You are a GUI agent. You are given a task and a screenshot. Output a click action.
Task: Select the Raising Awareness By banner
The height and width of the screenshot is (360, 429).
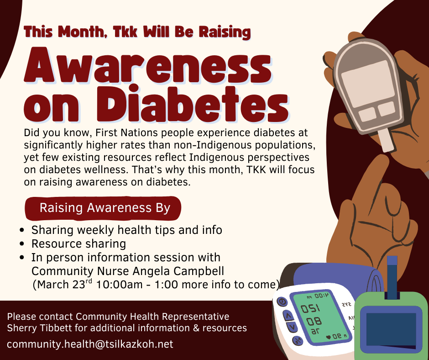click(105, 208)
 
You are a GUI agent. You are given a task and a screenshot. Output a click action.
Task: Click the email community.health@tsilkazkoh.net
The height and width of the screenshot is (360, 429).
click(90, 344)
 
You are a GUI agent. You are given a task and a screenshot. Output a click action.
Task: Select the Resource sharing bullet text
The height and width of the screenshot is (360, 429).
click(78, 244)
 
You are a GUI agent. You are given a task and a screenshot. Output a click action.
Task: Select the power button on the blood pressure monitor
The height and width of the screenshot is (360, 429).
click(282, 302)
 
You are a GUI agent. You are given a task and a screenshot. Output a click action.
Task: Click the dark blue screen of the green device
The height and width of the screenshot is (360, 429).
click(391, 329)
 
